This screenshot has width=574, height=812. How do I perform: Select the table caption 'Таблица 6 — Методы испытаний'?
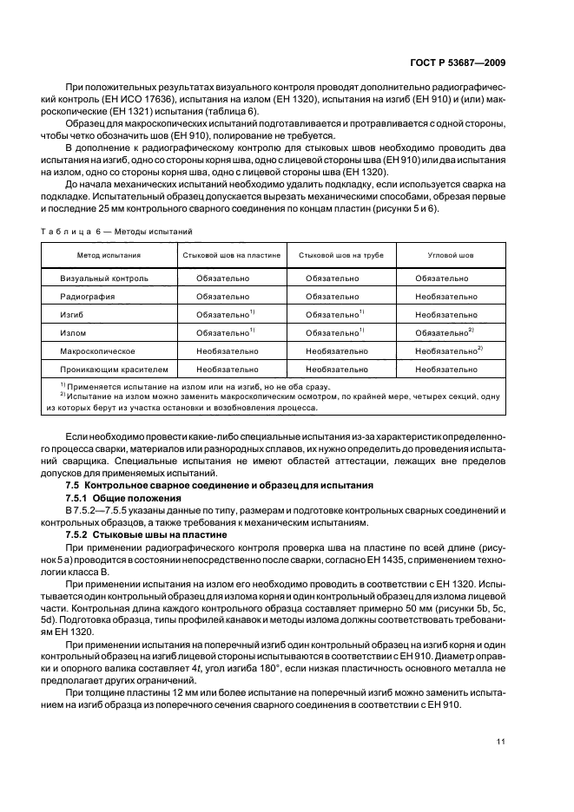click(x=118, y=231)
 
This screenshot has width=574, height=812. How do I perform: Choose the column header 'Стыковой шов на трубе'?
click(x=346, y=257)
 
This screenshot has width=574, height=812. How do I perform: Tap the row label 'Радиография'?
click(x=84, y=297)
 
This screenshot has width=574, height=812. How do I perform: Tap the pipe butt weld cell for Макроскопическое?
click(x=337, y=350)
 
